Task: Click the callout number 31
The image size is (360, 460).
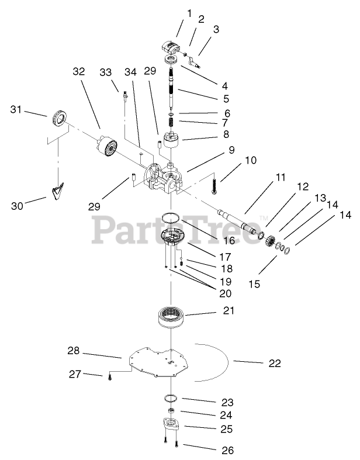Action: pos(17,109)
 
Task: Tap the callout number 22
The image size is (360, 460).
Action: pos(275,363)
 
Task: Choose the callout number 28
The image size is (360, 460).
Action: pos(73,351)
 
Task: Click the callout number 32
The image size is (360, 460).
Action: pos(79,71)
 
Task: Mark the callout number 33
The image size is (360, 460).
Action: pos(106,72)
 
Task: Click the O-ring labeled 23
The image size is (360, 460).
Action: pos(170,398)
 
